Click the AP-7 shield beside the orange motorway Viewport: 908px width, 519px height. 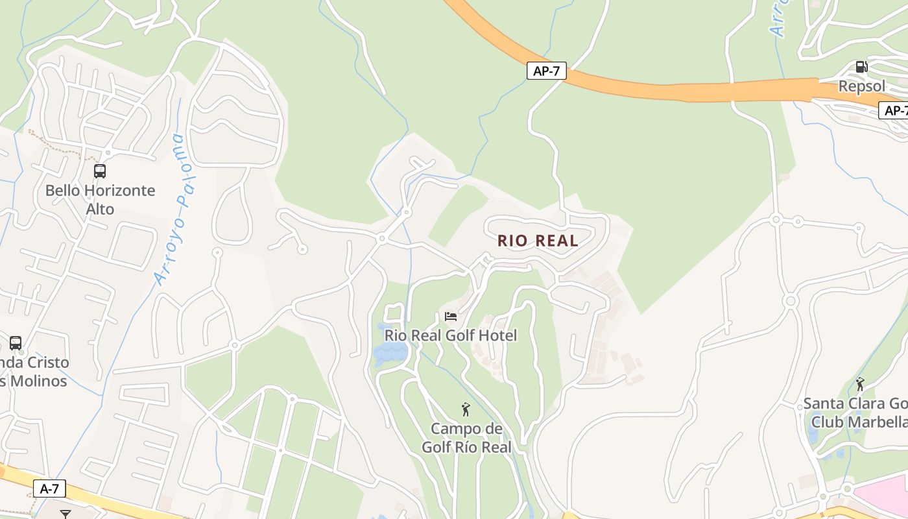click(546, 71)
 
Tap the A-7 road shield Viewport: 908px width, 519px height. click(49, 489)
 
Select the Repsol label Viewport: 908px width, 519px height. click(861, 86)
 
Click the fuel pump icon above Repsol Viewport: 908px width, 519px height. click(861, 66)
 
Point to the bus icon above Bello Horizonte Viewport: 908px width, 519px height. click(100, 171)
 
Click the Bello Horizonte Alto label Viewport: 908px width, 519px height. click(100, 199)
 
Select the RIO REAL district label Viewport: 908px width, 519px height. click(538, 241)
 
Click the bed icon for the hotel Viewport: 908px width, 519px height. click(451, 317)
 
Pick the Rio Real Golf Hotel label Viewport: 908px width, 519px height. click(451, 335)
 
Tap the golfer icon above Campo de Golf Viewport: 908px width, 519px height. click(466, 409)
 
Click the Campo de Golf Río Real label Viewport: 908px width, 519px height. click(466, 438)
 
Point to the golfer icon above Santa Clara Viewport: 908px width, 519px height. click(860, 384)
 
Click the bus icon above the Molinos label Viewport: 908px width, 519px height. click(16, 343)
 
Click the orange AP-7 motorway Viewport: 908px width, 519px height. click(649, 88)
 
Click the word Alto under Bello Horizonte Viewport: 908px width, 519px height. click(100, 209)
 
